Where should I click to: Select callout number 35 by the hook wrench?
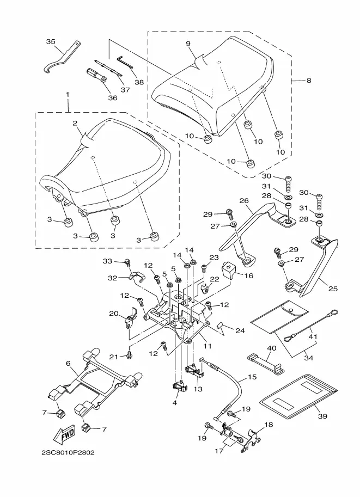point(51,42)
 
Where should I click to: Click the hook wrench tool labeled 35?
point(59,58)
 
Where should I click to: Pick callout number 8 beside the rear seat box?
point(309,81)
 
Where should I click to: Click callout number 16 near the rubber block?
point(248,275)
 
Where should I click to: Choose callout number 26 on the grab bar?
point(243,200)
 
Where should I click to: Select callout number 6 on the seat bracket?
point(68,363)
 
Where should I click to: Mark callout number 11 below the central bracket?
point(208,346)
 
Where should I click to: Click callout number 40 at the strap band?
point(271,348)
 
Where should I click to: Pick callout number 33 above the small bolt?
point(108,261)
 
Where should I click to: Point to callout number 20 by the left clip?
point(114,314)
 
